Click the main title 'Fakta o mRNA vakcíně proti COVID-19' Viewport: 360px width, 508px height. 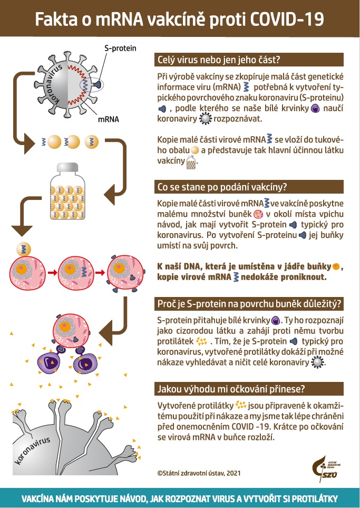(180, 21)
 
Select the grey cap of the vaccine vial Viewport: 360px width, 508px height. (67, 168)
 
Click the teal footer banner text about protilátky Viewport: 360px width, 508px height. (180, 499)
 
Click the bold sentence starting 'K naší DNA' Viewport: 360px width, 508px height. (250, 272)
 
